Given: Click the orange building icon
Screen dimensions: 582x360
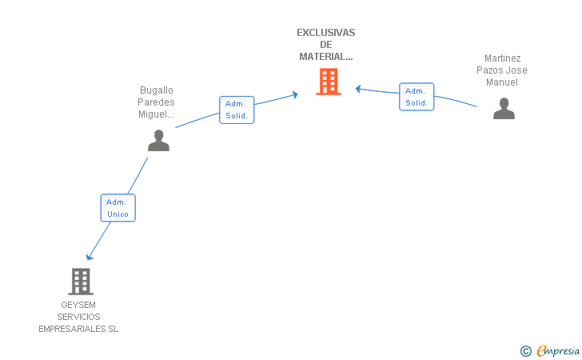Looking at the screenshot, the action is [x=329, y=82].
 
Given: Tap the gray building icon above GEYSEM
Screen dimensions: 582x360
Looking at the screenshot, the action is [x=81, y=282].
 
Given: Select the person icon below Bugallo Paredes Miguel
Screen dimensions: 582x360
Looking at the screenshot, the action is [x=158, y=141].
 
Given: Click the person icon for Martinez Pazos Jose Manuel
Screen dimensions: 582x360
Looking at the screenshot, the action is [x=504, y=109].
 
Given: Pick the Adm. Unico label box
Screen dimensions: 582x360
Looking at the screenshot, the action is [x=118, y=208].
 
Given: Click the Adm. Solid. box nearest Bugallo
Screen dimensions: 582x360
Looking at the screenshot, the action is [x=237, y=110].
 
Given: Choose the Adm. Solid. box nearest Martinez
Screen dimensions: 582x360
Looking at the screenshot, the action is [x=417, y=97].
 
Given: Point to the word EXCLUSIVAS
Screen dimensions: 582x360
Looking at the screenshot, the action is [x=326, y=33].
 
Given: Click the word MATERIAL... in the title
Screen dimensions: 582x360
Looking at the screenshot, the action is [x=326, y=57].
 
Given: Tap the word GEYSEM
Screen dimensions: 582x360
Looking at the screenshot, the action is [x=78, y=305].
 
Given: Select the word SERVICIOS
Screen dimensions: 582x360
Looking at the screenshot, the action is [x=78, y=317].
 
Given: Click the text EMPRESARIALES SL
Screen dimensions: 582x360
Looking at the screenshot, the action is [x=78, y=329].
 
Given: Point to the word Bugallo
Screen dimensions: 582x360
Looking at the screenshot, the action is [x=156, y=90].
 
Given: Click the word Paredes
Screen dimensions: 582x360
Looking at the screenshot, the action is [x=156, y=102].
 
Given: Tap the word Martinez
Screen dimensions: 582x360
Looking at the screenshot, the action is [x=502, y=58].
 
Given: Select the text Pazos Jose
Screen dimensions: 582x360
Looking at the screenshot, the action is [x=502, y=70].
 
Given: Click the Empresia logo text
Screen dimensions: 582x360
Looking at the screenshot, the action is [x=558, y=350].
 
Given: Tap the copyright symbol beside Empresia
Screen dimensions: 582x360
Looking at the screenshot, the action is [x=526, y=351].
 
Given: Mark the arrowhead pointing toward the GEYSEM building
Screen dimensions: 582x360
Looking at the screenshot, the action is [x=89, y=257].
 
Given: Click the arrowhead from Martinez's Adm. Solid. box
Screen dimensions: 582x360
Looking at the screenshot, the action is [x=358, y=89].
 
